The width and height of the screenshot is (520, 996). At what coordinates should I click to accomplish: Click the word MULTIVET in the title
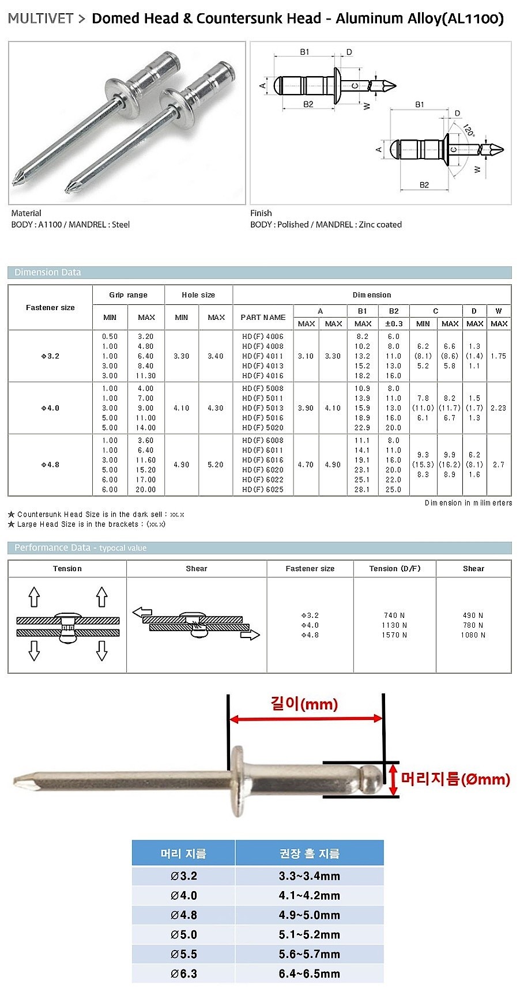click(40, 18)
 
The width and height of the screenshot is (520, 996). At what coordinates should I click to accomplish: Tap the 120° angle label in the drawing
click(468, 130)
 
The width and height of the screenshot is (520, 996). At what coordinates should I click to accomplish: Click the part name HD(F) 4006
click(263, 337)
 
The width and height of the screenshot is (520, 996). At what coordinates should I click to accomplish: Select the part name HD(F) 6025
click(263, 490)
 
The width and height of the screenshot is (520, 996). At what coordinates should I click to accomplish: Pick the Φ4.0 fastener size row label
click(50, 408)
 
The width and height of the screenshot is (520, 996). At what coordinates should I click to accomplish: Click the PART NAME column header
click(263, 318)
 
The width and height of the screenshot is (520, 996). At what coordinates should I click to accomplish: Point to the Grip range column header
click(128, 295)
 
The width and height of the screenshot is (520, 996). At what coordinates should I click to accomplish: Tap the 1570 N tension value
click(395, 635)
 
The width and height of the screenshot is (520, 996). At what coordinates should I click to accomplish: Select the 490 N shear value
click(473, 616)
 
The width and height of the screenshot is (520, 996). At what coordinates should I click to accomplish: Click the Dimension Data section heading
click(48, 273)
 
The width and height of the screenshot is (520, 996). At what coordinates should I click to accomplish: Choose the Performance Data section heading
click(52, 548)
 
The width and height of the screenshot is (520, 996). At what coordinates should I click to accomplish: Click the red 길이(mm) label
click(304, 704)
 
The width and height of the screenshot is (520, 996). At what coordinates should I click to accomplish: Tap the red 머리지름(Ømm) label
click(455, 779)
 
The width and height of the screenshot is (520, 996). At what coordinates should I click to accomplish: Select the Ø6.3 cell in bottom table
click(183, 974)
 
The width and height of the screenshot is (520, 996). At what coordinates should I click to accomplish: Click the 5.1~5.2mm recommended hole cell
click(309, 934)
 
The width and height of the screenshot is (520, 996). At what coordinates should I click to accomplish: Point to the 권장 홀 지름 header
click(309, 854)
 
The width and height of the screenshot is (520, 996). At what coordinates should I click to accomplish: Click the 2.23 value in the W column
click(498, 408)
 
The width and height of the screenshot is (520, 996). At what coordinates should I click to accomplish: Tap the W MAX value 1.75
click(498, 356)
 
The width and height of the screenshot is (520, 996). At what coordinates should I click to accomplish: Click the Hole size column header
click(198, 295)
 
